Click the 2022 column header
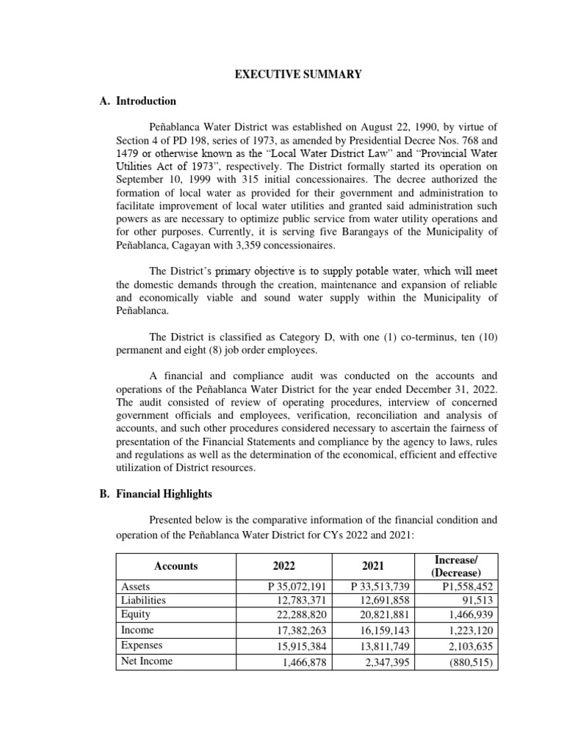coord(283,566)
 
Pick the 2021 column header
coord(373,566)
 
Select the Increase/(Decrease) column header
coord(455,566)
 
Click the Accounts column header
coord(176,566)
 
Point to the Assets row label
coord(134,586)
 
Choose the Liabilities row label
coord(143,600)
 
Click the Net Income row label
coord(147,661)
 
